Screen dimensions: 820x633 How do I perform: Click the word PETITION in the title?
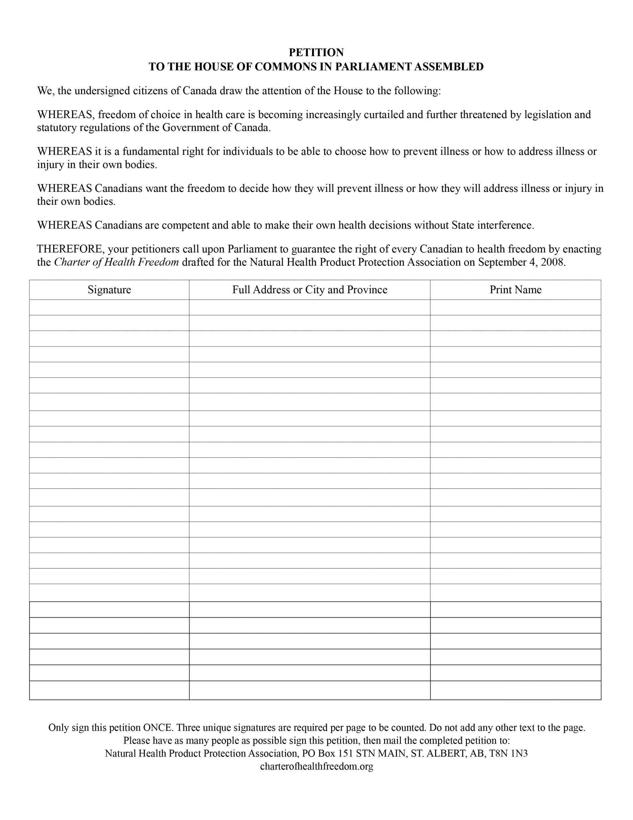(x=316, y=52)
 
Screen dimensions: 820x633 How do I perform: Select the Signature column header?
(x=109, y=290)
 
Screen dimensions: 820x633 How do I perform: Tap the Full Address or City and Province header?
(x=309, y=290)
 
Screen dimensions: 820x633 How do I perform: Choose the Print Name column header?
(x=515, y=290)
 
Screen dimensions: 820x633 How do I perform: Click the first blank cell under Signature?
(x=109, y=307)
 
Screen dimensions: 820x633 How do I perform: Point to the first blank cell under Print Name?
(x=515, y=307)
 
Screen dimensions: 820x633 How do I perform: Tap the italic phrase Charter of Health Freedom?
(x=116, y=262)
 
